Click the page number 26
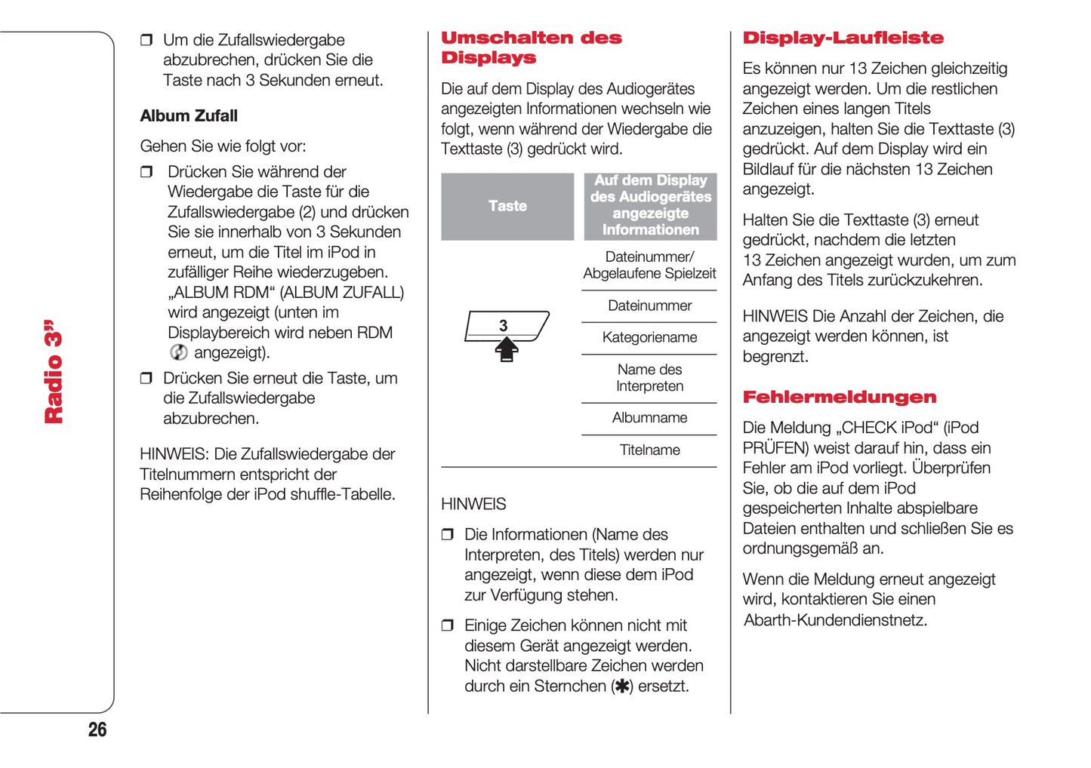coord(97,730)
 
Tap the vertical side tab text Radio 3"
coord(54,372)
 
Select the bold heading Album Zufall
coord(189,116)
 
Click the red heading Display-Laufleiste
coord(843,38)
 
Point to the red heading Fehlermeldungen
coord(839,398)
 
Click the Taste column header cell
coord(507,206)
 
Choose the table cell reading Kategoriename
coord(649,338)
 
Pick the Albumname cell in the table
coord(649,418)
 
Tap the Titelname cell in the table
coord(649,450)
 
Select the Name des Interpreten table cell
coord(649,378)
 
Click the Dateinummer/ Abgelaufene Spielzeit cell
coord(649,266)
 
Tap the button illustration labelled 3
coord(504,326)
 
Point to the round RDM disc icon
coord(179,352)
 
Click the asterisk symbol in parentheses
coord(622,687)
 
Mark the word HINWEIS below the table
coord(473,504)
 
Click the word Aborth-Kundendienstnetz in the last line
coord(835,620)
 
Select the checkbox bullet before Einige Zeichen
coord(448,625)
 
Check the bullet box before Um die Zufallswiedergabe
coord(146,40)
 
